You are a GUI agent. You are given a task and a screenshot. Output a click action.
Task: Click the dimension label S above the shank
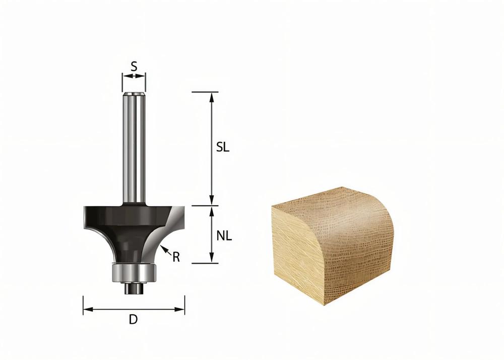click(134, 67)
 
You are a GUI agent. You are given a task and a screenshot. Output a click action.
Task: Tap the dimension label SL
click(223, 147)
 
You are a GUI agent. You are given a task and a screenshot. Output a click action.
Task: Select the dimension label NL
click(224, 236)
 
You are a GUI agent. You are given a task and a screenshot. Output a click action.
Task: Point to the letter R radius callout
click(176, 257)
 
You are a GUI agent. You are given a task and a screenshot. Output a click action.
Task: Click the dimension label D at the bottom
click(133, 320)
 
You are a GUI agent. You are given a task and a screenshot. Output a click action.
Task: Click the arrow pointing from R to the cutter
click(165, 251)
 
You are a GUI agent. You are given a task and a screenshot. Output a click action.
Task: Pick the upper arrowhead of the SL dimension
click(212, 97)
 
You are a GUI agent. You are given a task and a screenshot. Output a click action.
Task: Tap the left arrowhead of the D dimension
click(88, 309)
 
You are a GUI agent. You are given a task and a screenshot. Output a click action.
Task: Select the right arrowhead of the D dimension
click(179, 309)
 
